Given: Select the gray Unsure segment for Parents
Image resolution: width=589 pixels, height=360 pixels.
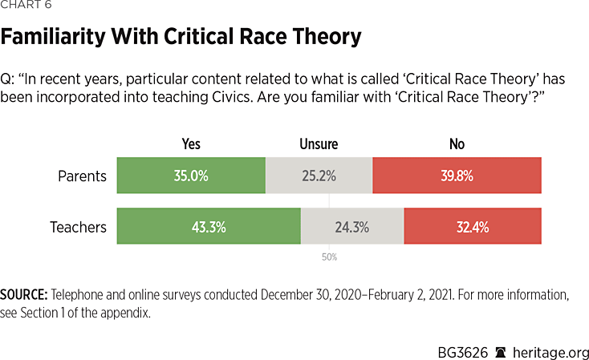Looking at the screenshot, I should (319, 176).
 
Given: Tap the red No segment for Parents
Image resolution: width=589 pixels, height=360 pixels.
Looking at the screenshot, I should (457, 176).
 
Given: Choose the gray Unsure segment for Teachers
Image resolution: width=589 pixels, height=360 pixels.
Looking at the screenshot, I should (352, 227).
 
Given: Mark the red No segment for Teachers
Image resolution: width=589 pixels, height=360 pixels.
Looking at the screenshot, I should (473, 227).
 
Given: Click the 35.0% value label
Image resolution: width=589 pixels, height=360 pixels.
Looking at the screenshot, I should (191, 176).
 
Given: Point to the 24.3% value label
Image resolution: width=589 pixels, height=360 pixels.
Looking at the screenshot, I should (351, 227).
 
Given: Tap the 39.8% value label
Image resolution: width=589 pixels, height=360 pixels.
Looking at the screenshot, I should (457, 176).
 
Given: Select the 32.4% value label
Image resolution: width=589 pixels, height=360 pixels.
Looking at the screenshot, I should (473, 227).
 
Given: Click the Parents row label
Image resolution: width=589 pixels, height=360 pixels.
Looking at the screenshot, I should (83, 176).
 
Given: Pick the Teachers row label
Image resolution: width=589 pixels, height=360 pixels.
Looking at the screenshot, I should (77, 227).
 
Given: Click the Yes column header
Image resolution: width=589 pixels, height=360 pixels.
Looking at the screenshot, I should (191, 144).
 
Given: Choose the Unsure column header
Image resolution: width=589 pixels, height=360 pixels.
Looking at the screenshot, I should (319, 144).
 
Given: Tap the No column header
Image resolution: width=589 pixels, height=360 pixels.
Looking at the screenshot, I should (457, 144).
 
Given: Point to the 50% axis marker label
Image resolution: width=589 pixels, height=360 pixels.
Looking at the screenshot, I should (329, 257).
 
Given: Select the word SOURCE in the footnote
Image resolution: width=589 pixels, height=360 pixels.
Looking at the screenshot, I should (25, 295).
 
